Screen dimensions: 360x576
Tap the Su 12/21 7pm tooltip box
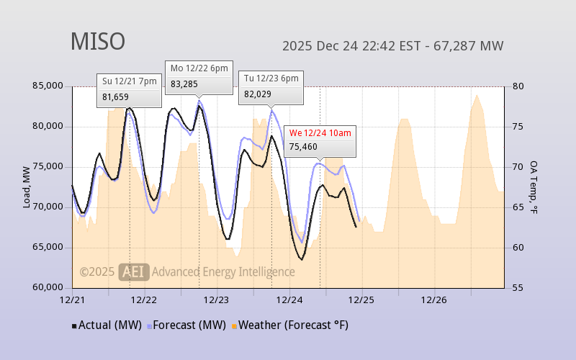pos(129,90)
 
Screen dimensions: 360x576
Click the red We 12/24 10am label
pos(320,133)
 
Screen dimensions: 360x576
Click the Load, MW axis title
pos(27,187)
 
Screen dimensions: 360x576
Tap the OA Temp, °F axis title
pos(534,187)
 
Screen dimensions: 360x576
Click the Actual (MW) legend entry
pos(108,325)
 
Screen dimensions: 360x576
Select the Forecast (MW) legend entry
pos(187,325)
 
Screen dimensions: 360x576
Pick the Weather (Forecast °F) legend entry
pos(290,325)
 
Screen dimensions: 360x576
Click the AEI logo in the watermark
pos(135,271)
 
